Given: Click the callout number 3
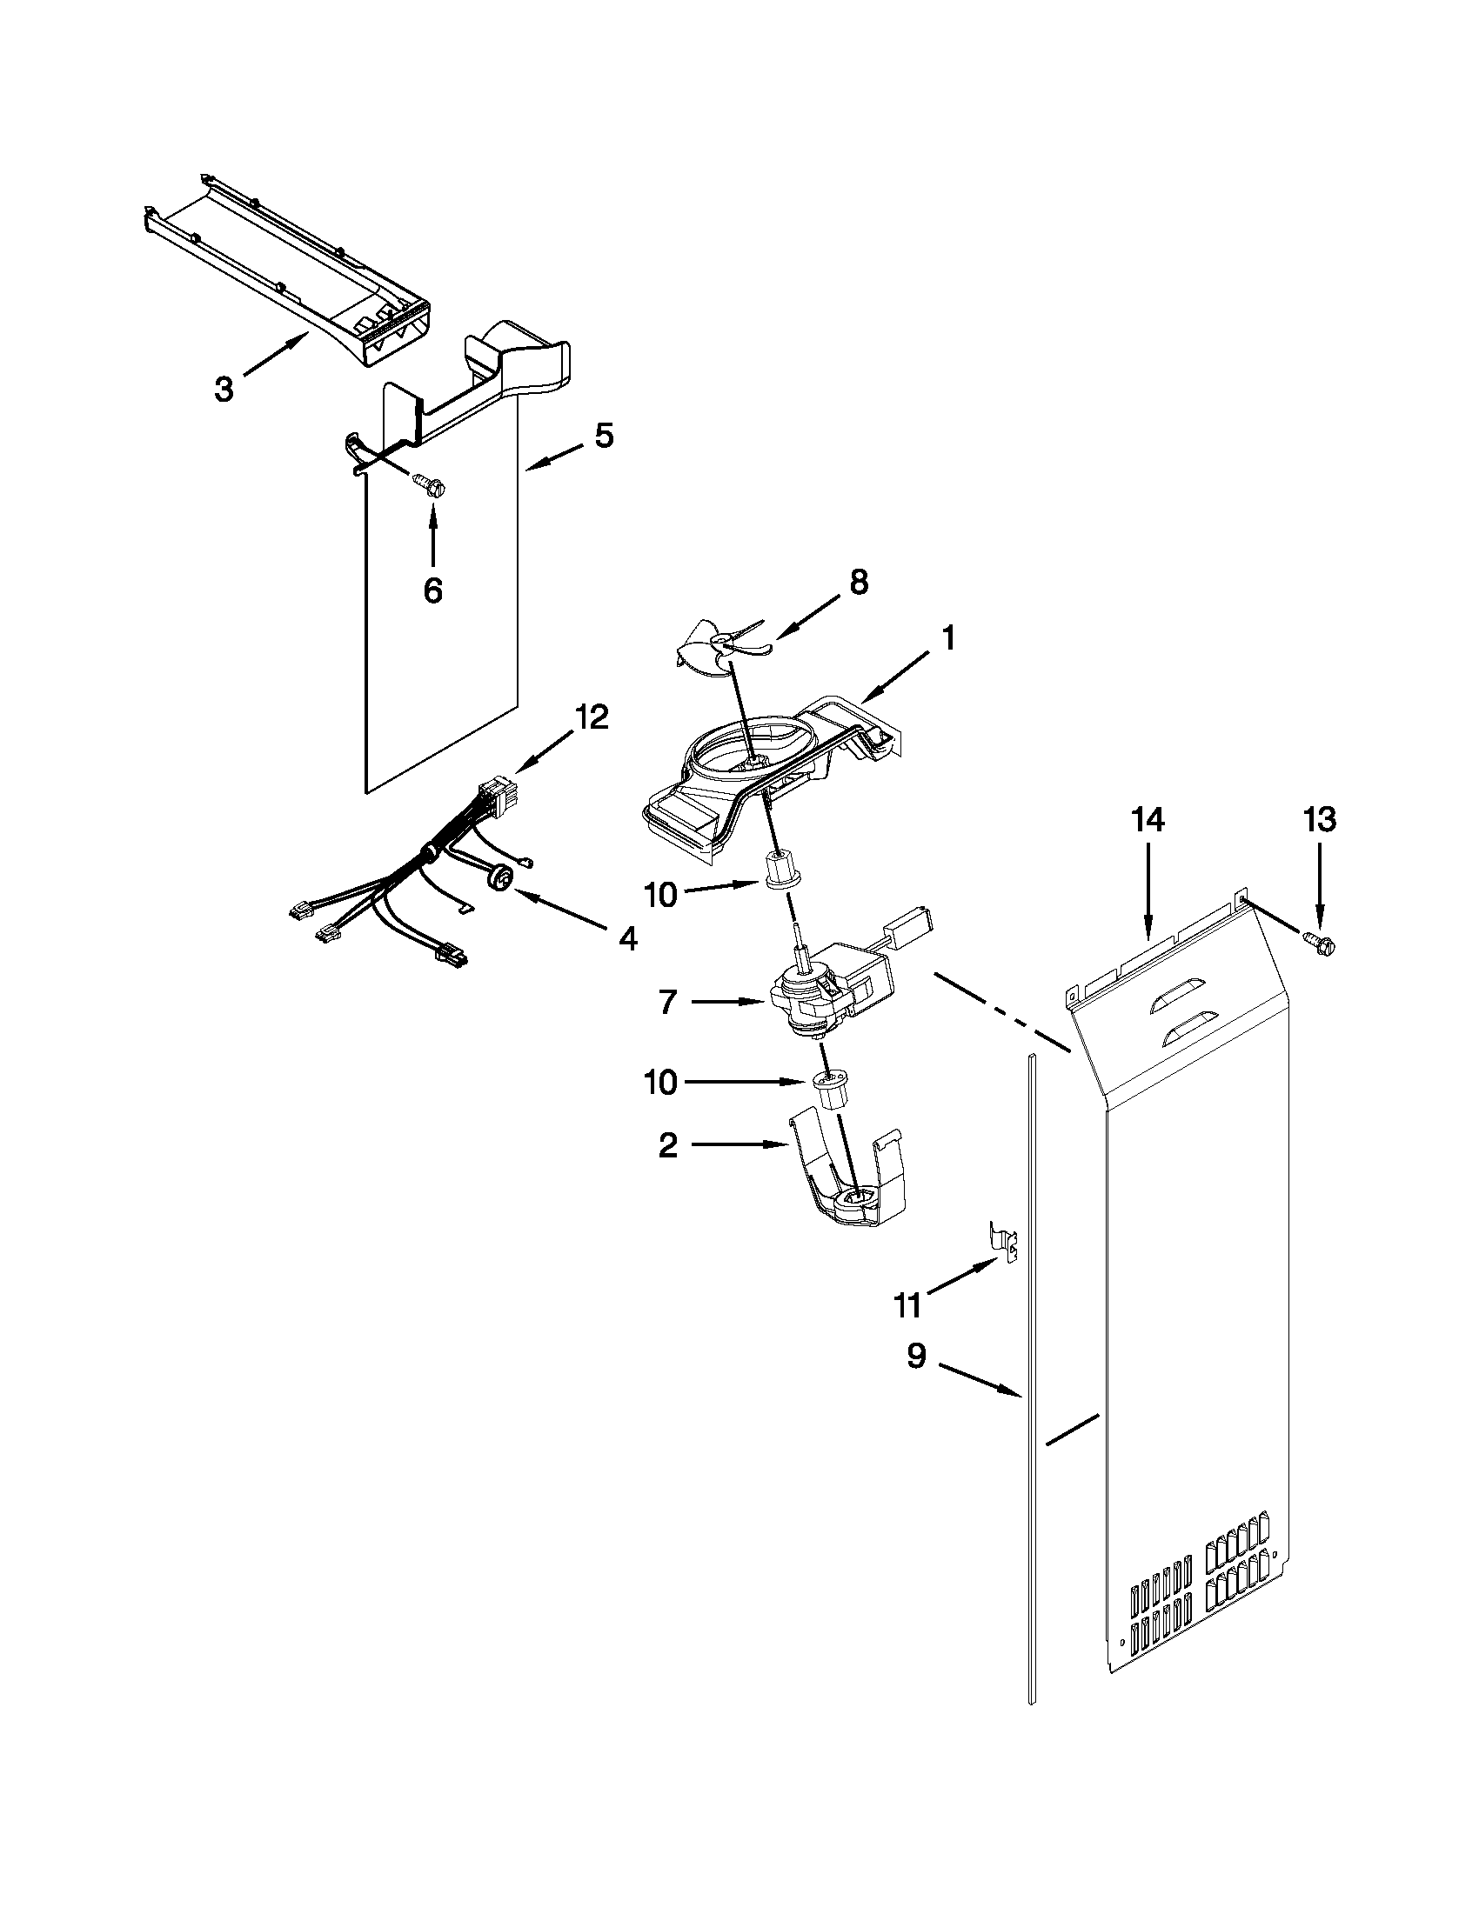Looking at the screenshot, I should coord(224,389).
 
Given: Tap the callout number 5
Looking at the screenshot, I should coord(604,436).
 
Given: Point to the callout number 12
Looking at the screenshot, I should coord(592,717).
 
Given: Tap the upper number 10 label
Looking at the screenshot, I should coord(661,896).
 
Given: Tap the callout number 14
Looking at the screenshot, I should coord(1148,820).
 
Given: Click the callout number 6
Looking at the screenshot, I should coord(432,590).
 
